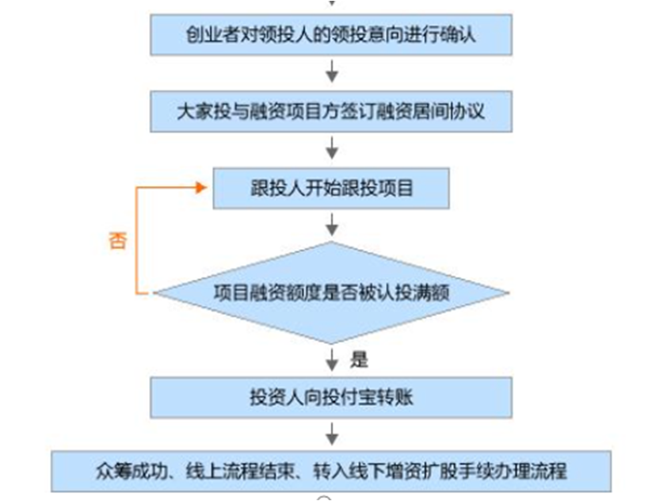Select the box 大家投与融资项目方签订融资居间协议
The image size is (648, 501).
tap(331, 110)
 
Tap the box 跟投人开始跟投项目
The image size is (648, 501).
tap(331, 187)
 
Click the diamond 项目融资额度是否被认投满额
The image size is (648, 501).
tap(331, 293)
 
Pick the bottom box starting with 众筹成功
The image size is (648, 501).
tap(331, 471)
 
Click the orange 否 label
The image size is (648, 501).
tap(117, 241)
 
